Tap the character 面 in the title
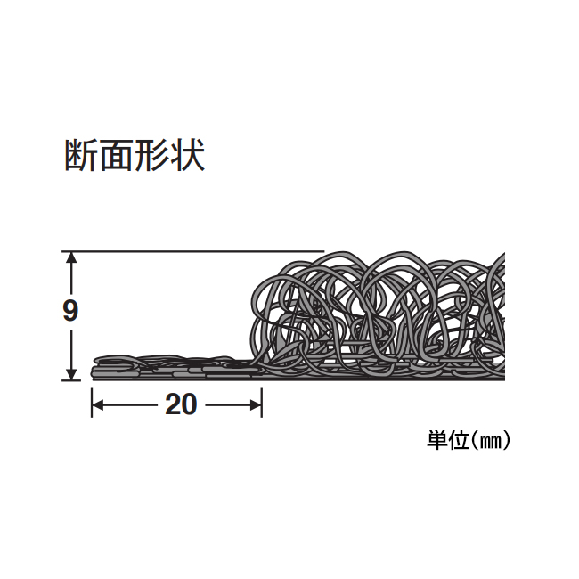pos(118,155)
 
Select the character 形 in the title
pos(152,155)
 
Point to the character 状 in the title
pos(187,155)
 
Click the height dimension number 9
pos(70,311)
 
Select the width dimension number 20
pos(181,404)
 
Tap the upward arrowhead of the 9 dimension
pos(71,257)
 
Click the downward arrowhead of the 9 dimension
pos(71,374)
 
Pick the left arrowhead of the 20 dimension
pos(97,405)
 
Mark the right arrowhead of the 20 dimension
pos(256,405)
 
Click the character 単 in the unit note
pos(437,440)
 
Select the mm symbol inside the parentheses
pos(490,441)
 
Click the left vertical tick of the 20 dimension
pos(92,403)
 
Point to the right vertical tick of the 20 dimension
pos(262,403)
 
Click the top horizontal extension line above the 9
pos(192,251)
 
